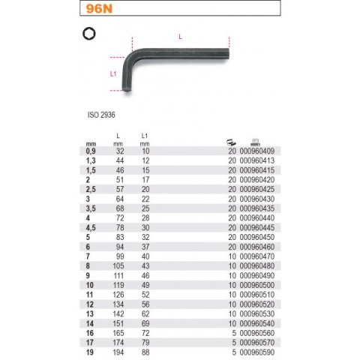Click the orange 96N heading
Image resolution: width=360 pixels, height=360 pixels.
pos(99,8)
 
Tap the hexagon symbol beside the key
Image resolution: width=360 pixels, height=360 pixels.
pos(89,34)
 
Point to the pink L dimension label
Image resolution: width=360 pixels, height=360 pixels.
pos(180,37)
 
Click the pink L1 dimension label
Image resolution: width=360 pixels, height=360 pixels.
pos(113,73)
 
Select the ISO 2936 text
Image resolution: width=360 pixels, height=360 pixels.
pos(101,115)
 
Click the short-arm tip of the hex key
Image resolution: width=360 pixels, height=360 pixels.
pos(127,90)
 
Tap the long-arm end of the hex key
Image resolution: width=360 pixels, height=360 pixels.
pos(228,54)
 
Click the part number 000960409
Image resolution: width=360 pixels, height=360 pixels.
pos(257,151)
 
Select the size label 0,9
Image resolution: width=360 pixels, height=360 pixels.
pos(91,151)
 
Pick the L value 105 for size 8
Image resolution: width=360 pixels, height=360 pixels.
pos(118,266)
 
